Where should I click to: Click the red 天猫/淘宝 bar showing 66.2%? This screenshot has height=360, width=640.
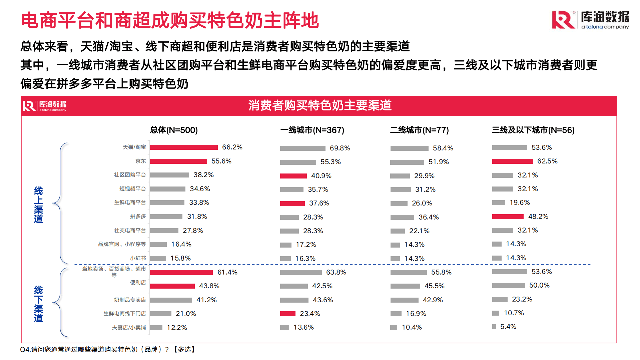pos(184,147)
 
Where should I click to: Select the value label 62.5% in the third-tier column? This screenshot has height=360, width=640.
pos(547,161)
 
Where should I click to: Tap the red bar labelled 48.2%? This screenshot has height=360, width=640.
pos(508,217)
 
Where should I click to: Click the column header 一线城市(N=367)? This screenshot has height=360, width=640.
pos(312,130)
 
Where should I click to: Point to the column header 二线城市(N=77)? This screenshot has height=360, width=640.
pos(419,130)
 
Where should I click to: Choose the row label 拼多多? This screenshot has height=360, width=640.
pos(138,217)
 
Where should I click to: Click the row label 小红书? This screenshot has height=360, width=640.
pos(138,258)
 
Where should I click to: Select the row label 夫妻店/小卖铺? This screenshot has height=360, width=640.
pos(129,328)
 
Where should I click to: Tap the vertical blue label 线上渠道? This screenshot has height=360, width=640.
pos(38,205)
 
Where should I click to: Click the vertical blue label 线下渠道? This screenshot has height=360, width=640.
pos(38,304)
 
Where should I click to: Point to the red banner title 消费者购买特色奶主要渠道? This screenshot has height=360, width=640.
pos(319,105)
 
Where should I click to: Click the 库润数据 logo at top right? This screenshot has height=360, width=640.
pos(590,20)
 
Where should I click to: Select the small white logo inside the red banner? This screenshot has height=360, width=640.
pos(45,106)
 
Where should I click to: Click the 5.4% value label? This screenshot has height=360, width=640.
pos(508,327)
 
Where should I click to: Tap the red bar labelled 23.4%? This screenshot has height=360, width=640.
pos(287,314)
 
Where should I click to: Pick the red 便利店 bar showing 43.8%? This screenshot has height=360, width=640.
pos(172,286)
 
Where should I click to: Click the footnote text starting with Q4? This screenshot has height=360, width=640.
pos(107,349)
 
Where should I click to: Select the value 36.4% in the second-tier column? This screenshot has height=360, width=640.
pos(429,217)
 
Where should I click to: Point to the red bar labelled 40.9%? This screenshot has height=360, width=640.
pos(293,176)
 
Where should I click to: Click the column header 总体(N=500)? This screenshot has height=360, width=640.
pos(174,130)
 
